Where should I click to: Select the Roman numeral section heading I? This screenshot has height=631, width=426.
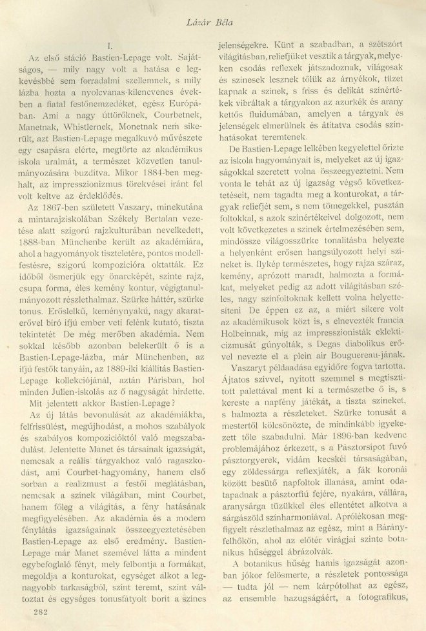click(110, 46)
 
